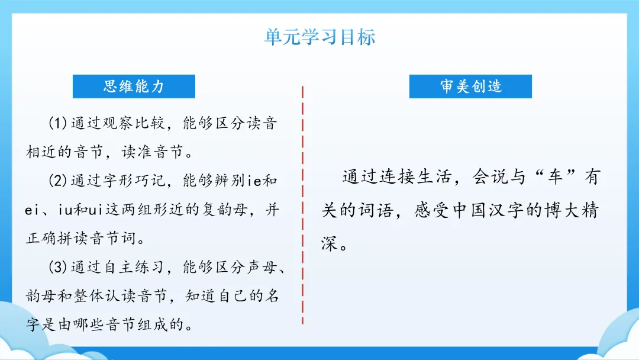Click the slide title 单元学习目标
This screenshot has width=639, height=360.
click(320, 37)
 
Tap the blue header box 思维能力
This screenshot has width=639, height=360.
click(134, 86)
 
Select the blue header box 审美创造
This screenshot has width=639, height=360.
click(470, 86)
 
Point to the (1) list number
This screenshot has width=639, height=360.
click(58, 123)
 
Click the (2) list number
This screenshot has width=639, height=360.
click(58, 180)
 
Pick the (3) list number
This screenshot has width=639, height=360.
click(58, 267)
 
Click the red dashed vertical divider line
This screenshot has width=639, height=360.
click(302, 205)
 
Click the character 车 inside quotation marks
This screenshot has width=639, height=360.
click(554, 177)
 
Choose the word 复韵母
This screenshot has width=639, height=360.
click(225, 210)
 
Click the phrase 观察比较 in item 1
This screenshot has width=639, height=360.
click(134, 123)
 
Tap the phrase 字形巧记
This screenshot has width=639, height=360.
click(134, 180)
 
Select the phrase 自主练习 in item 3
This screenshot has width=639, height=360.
click(134, 267)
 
